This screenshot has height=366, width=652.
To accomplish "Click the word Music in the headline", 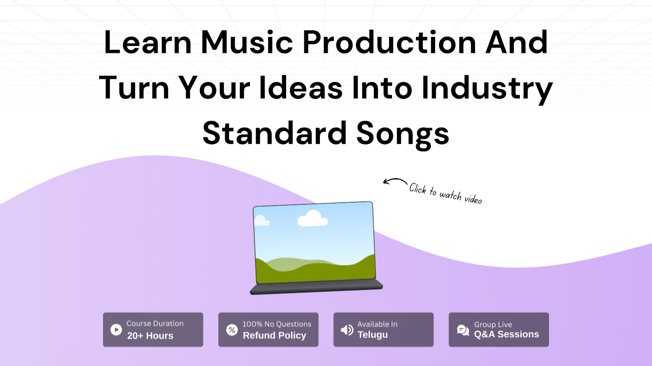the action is [x=247, y=42].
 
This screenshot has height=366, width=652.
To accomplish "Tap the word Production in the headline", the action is [x=389, y=42].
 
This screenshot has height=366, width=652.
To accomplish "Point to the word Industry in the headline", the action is [x=487, y=89].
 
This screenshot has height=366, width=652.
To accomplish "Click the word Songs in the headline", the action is [x=403, y=135].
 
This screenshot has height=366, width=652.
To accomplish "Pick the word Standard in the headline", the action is [x=274, y=133].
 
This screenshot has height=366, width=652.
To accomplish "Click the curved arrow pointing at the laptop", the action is [x=395, y=181].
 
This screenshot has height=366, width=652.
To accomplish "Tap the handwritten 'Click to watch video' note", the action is [x=446, y=194].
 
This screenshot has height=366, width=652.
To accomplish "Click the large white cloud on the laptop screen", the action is [x=313, y=219].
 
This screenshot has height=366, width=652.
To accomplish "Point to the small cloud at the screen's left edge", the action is [x=262, y=221].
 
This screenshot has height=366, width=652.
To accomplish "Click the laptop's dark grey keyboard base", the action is [x=316, y=287].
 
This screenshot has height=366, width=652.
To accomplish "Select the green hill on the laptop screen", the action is [x=316, y=271].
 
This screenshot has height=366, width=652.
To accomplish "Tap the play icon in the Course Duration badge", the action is [x=116, y=330].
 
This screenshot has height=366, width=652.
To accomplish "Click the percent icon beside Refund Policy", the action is [x=232, y=330].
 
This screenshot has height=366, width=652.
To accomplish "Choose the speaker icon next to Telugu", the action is [x=347, y=330].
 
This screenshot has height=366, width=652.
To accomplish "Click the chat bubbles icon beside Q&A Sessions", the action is [x=463, y=330].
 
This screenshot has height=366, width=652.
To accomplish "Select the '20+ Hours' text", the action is [x=150, y=336].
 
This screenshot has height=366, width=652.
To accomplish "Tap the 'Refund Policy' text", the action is [x=274, y=336].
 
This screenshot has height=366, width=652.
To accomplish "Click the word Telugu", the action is [x=373, y=335].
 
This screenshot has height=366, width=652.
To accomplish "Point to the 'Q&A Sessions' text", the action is [x=506, y=334].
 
